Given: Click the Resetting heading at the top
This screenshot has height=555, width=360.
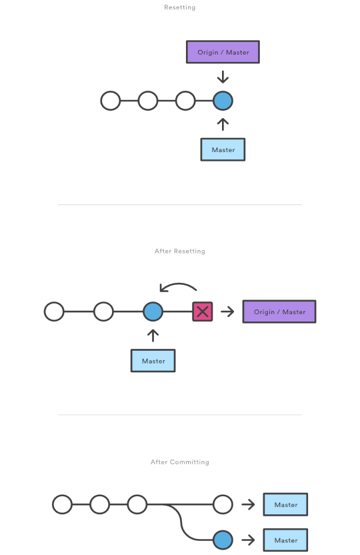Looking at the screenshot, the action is coord(179,7).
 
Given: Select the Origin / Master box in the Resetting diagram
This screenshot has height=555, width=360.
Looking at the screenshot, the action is coord(223,52).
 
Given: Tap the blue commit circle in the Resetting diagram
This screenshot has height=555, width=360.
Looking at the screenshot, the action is coord(223,101).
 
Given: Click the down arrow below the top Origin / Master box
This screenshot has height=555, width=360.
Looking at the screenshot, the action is coord(223,77).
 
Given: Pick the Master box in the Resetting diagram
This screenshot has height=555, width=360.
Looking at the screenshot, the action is coord(223,149).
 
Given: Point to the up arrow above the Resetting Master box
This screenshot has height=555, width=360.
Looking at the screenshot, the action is coord(223,124).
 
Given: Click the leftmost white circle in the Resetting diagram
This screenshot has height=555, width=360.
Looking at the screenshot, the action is coord(111,101).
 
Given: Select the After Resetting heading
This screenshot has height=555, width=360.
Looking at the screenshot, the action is coord(179,251).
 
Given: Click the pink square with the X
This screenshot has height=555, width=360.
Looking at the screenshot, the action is coord(203,312).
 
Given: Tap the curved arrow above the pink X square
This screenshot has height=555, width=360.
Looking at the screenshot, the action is coord(178,284).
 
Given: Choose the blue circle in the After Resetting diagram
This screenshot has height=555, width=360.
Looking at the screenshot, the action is coord(153,312).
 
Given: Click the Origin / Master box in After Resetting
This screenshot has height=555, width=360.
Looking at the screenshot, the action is coord(279,312).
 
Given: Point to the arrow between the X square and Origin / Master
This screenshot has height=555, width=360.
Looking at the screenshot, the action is coord(227,312).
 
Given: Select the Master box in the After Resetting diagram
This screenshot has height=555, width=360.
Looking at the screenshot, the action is coord(153,361).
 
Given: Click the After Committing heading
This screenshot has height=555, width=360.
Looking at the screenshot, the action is coord(179,462).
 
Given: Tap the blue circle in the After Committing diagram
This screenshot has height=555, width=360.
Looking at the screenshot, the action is coord(223,540).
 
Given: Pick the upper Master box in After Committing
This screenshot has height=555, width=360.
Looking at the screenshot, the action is coord(285,504).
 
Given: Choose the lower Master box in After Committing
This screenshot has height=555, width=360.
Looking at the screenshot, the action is coord(285,540).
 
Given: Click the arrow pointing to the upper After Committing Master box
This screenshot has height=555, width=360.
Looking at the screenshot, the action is coord(248,504).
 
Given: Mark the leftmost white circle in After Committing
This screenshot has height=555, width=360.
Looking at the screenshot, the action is coord(62,504).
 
